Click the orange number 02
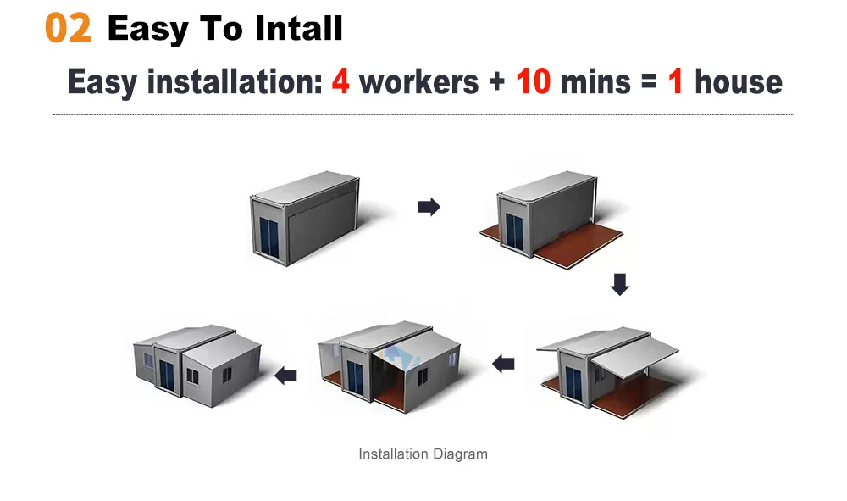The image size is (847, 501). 68,28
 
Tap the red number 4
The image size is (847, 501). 340,81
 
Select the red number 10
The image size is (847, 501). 533,81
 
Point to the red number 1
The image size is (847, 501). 675,81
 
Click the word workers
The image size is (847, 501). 418,82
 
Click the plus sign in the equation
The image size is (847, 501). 497,82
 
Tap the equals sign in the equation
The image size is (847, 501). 649,81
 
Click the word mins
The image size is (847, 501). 595,82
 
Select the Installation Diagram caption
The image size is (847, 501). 423,454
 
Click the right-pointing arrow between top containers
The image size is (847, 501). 429,207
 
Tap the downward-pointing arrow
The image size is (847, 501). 620,284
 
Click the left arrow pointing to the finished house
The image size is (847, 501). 285,375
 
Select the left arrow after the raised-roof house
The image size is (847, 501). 503,364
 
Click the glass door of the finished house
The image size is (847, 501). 166,375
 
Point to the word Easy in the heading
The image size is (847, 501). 147,29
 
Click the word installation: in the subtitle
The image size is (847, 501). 235,81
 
